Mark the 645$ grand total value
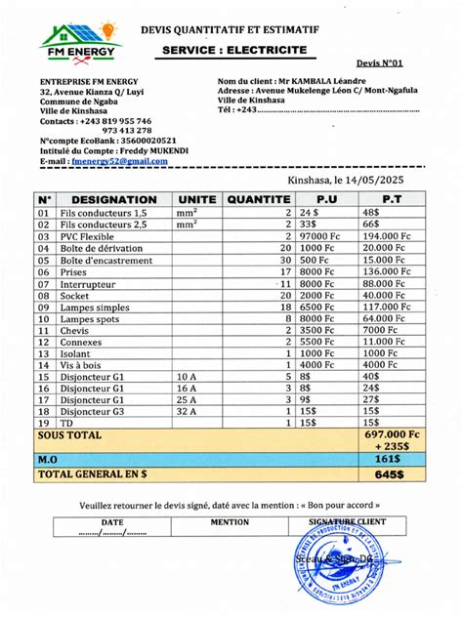(x=390, y=473)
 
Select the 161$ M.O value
(x=389, y=457)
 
